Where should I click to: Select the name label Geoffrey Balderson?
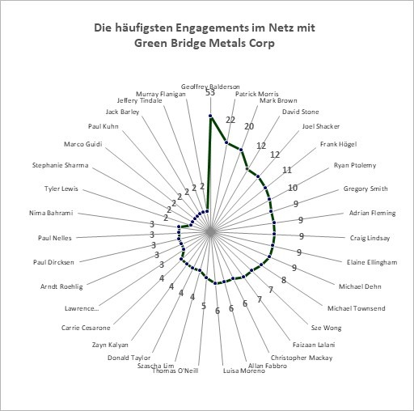pyautogui.click(x=210, y=87)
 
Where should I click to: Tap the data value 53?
pyautogui.click(x=210, y=92)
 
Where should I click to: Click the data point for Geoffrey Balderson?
pyautogui.click(x=210, y=116)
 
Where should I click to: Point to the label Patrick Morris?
pyautogui.click(x=256, y=94)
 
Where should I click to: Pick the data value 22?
pyautogui.click(x=230, y=120)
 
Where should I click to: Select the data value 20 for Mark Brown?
pyautogui.click(x=249, y=126)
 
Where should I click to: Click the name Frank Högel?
pyautogui.click(x=338, y=144)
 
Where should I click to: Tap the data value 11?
pyautogui.click(x=287, y=170)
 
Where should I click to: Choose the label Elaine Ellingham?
pyautogui.click(x=372, y=262)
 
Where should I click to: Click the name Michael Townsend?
pyautogui.click(x=357, y=308)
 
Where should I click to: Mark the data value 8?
pyautogui.click(x=284, y=280)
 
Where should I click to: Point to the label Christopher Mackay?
pyautogui.click(x=302, y=358)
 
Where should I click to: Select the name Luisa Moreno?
pyautogui.click(x=244, y=371)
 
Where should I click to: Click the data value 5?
pyautogui.click(x=204, y=306)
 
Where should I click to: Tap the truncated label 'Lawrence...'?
pyautogui.click(x=82, y=308)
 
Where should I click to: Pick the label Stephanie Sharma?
pyautogui.click(x=61, y=165)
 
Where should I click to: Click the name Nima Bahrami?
pyautogui.click(x=51, y=213)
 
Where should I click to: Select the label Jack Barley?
pyautogui.click(x=122, y=112)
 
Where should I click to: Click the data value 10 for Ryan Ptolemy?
pyautogui.click(x=293, y=188)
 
